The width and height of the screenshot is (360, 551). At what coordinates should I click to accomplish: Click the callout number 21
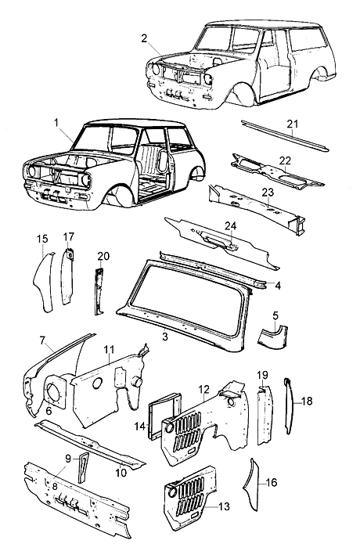292,124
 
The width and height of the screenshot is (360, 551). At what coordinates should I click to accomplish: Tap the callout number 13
224,506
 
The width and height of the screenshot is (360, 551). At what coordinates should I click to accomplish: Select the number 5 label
275,315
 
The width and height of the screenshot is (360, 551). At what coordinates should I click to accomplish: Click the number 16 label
272,482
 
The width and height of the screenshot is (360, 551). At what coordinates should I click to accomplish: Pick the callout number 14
140,427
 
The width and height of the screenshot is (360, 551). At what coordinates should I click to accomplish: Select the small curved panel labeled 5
273,337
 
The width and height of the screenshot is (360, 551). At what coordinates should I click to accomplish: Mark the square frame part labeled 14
164,415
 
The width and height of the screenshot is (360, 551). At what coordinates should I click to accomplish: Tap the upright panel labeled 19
265,414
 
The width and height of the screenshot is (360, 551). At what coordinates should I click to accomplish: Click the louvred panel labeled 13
188,497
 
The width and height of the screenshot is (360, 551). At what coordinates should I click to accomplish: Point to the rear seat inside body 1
150,161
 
